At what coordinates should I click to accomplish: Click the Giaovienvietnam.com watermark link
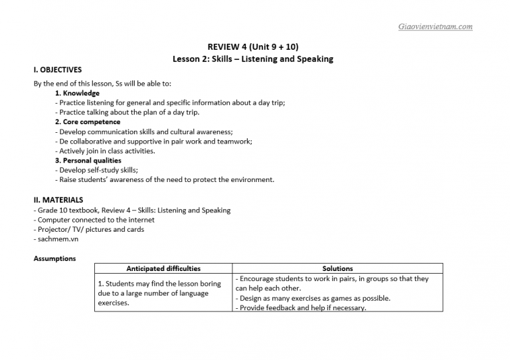435,27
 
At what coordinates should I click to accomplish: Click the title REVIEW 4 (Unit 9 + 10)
253,46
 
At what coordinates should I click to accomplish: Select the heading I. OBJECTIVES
58,69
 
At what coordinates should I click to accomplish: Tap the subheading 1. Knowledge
77,93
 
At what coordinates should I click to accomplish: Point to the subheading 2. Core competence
88,122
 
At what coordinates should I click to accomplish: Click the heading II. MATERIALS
58,199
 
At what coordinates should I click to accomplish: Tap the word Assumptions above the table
54,258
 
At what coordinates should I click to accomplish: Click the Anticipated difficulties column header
163,268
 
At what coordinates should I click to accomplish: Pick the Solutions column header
337,268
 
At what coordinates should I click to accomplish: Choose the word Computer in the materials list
54,219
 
